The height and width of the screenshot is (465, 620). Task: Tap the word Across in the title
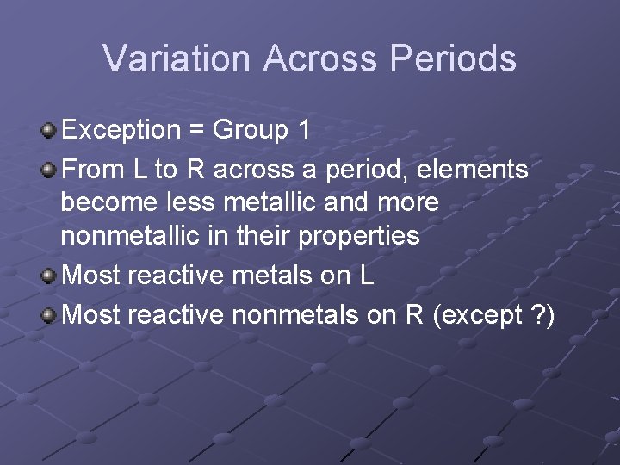tap(321, 59)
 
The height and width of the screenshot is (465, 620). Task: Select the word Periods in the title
tap(453, 59)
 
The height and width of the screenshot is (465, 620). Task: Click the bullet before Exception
tap(49, 131)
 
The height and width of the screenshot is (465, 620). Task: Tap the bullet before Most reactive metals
tap(49, 276)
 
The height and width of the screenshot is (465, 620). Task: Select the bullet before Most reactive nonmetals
tap(49, 316)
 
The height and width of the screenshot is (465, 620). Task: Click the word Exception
tap(120, 131)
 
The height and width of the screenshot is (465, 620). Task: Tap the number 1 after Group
tap(303, 131)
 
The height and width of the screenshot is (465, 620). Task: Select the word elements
tap(472, 170)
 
